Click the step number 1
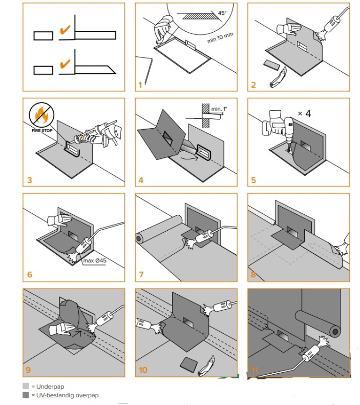(x=140, y=85)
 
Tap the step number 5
(x=253, y=180)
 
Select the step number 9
(x=28, y=369)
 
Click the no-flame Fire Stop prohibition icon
(x=40, y=115)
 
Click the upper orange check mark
(x=65, y=31)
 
